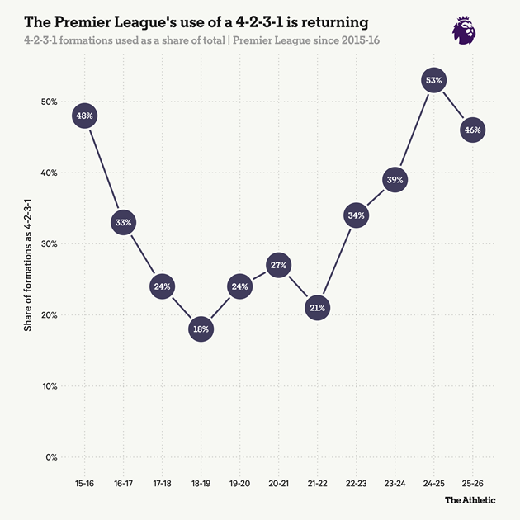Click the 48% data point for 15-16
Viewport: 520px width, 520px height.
click(x=85, y=116)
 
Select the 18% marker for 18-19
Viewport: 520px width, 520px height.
click(x=201, y=329)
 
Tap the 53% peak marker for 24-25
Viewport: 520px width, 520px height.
click(x=434, y=80)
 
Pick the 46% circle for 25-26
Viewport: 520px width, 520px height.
click(x=473, y=130)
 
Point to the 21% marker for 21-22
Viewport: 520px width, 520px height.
click(x=318, y=307)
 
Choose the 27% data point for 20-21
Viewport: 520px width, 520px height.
click(x=278, y=265)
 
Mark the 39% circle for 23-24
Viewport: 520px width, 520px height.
click(x=395, y=180)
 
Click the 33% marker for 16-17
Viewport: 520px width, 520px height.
click(x=124, y=222)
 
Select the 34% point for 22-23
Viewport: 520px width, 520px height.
click(x=357, y=215)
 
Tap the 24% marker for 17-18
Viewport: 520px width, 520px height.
click(x=163, y=286)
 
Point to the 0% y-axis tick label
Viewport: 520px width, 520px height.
click(x=50, y=457)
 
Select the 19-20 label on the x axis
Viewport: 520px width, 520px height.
click(x=240, y=482)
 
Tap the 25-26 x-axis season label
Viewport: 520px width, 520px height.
click(x=473, y=482)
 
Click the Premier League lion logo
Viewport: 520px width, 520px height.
click(x=464, y=29)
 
